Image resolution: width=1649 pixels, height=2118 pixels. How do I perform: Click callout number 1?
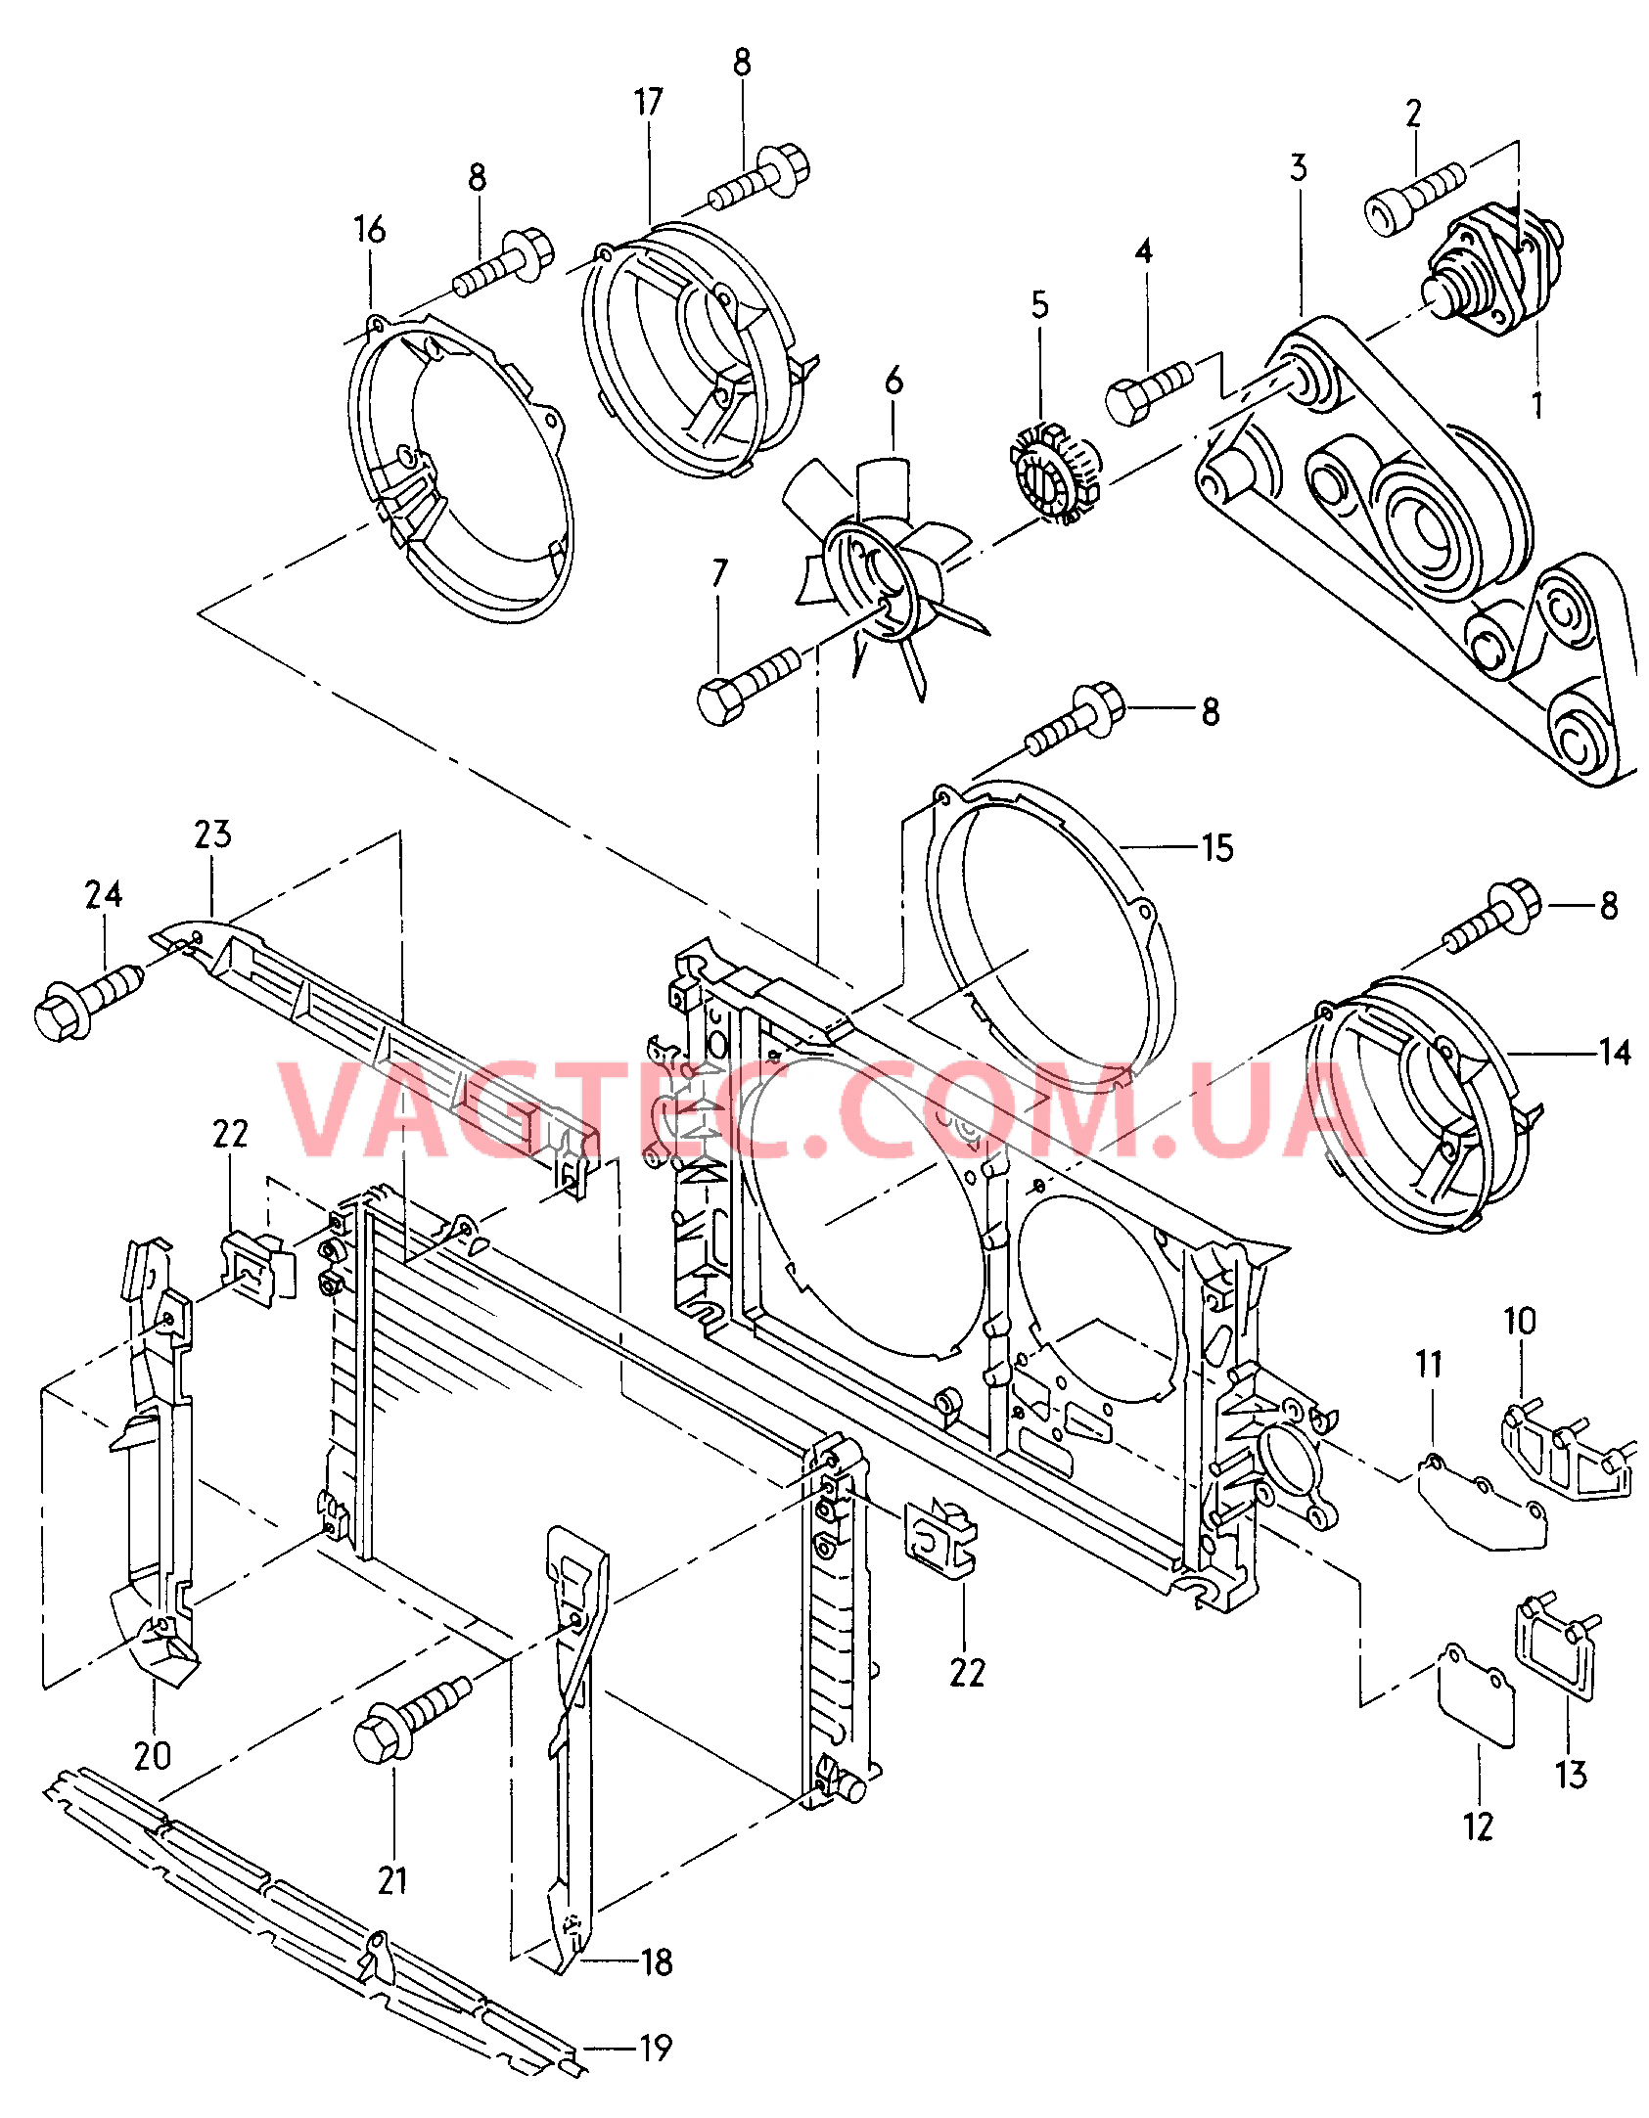pyautogui.click(x=1536, y=404)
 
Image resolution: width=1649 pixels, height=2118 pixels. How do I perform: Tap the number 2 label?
pyautogui.click(x=1413, y=114)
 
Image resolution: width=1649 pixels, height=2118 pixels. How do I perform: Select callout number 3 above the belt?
pyautogui.click(x=1299, y=168)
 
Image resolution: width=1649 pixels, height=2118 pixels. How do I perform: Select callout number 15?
pyautogui.click(x=1217, y=848)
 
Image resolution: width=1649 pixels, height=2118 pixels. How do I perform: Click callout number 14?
pyautogui.click(x=1614, y=1053)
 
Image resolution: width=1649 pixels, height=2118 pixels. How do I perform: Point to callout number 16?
pyautogui.click(x=370, y=230)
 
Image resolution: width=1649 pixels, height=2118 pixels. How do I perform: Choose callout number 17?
pyautogui.click(x=648, y=102)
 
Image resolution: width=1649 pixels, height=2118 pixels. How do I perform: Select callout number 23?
pyautogui.click(x=212, y=834)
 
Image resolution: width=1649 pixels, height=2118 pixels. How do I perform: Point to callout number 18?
pyautogui.click(x=656, y=1961)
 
